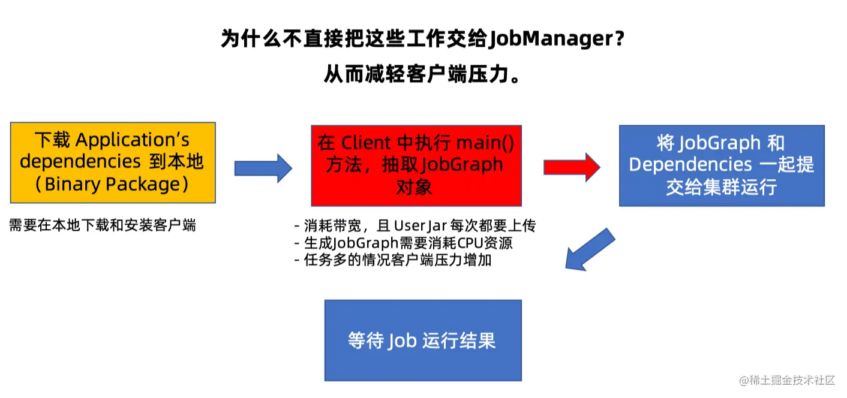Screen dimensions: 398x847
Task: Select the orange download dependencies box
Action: pos(113,162)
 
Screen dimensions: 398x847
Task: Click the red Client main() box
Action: pos(416,165)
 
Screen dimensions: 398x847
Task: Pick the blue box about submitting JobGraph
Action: pos(721,165)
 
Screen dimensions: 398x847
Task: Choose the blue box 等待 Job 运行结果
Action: pos(422,340)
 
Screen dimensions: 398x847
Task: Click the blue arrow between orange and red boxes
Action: pos(262,168)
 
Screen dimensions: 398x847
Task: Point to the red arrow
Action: pos(571,167)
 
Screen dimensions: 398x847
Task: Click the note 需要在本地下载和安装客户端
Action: pos(103,225)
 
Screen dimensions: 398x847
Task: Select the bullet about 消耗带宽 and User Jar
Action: pos(415,226)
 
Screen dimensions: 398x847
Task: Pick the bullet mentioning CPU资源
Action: pos(403,243)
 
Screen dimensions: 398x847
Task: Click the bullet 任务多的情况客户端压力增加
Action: pos(392,261)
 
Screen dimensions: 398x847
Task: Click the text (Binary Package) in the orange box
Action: pos(113,184)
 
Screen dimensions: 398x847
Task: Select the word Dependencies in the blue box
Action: pos(682,165)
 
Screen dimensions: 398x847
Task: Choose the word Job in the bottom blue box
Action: pos(402,340)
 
